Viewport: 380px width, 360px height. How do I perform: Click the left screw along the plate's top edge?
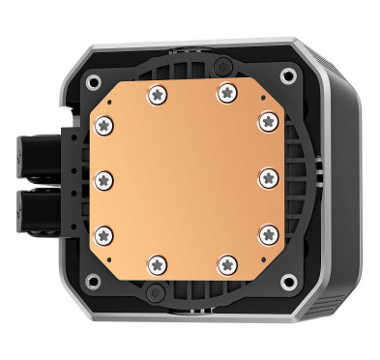click(156, 93)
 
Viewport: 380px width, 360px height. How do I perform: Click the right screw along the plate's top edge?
click(226, 93)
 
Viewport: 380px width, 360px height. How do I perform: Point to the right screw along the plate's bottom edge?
click(226, 262)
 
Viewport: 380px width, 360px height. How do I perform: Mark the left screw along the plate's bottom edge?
click(156, 262)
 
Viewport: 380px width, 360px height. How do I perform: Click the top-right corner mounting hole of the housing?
click(289, 75)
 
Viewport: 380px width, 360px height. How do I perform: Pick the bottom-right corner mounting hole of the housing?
click(289, 282)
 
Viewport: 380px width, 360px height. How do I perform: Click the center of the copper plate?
click(186, 177)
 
